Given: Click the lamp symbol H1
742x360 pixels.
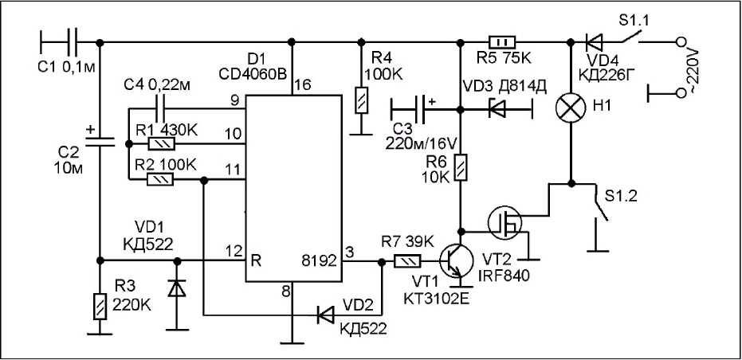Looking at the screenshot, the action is click(x=571, y=107).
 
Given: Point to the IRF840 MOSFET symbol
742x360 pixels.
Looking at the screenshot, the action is click(x=506, y=221).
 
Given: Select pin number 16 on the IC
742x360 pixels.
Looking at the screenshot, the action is click(x=304, y=85).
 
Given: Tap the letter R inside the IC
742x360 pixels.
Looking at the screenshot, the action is click(x=257, y=260).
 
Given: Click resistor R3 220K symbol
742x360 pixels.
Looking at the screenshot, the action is click(x=100, y=306).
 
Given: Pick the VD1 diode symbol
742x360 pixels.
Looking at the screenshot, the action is click(x=178, y=288).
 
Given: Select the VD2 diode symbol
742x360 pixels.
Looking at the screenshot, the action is click(x=325, y=314).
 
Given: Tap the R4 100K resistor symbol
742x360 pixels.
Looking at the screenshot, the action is click(x=362, y=100).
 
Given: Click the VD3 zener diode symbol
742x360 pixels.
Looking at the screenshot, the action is click(x=497, y=110).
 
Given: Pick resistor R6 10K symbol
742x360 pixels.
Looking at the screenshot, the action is click(x=458, y=168).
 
